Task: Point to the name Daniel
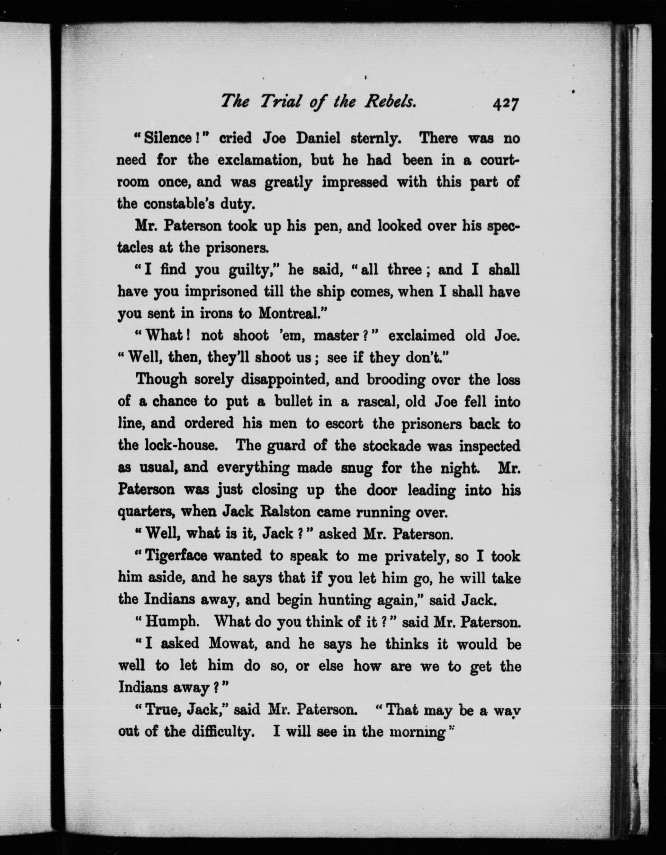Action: [318, 138]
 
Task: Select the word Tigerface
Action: [176, 556]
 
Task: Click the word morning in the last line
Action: [418, 732]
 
